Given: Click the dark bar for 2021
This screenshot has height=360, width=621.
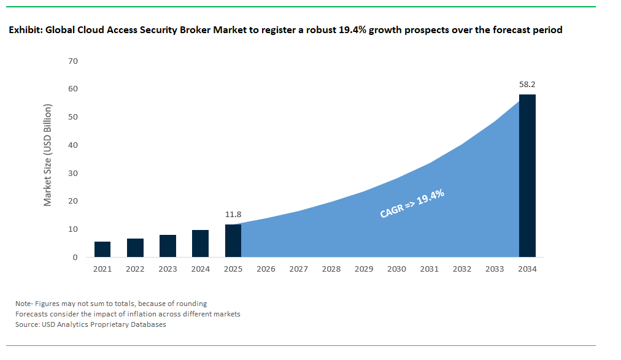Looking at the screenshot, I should pos(102,249).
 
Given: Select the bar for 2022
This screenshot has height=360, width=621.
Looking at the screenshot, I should pos(135,248).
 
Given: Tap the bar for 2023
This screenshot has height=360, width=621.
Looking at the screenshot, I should pos(168,246).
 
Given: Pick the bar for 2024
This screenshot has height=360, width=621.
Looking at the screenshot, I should pos(200,243).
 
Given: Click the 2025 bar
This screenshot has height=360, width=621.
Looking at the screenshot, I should pos(233,240).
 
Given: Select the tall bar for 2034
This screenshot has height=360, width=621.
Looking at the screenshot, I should pos(527,175).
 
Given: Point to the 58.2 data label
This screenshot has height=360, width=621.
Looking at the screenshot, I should pos(527,85).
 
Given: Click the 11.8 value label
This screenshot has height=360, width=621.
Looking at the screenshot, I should pos(233,215).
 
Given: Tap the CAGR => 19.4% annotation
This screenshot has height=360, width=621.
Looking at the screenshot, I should pos(412,204).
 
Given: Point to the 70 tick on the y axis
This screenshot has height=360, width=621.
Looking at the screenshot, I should pos(73,61).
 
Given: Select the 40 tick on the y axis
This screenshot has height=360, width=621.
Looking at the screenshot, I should pos(73,145).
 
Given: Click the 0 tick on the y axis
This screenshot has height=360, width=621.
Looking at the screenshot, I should pos(75,258).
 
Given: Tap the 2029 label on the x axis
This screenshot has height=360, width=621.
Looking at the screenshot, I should pos(364,269).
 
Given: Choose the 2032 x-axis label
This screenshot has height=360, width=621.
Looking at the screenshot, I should pos(462,269).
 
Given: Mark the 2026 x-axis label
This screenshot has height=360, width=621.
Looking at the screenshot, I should pos(266,269).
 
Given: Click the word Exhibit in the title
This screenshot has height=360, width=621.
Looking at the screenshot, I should pos(25,29).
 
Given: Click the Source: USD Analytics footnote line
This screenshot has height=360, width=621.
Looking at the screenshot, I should pos(91,324).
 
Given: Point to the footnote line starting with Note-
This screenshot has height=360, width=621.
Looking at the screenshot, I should pos(111,303).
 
